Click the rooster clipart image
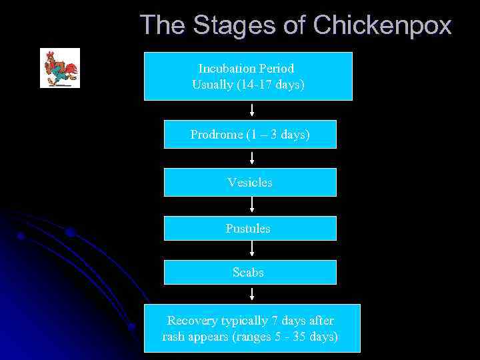tap(60, 68)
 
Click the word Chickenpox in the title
tap(382, 25)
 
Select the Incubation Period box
tap(248, 76)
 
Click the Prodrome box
tap(250, 134)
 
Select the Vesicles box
tap(250, 182)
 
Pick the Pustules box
tap(250, 228)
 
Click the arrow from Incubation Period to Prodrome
tap(252, 110)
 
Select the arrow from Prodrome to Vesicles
tap(252, 158)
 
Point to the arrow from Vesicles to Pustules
tap(252, 205)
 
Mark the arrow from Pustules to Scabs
tap(252, 249)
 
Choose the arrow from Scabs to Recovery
tap(252, 294)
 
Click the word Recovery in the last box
tap(190, 321)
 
